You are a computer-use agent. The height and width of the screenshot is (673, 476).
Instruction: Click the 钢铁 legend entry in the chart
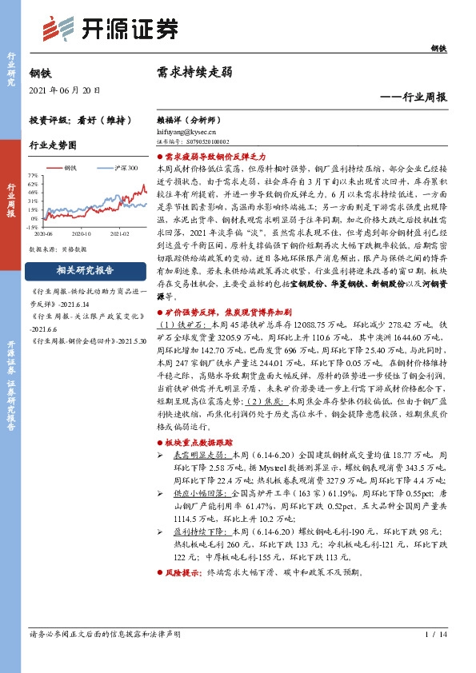click(69, 169)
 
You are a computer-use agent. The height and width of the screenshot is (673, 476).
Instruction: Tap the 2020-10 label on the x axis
click(82, 234)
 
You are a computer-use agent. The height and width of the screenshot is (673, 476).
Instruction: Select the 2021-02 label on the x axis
click(119, 234)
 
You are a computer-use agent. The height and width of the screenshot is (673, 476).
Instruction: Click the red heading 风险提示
click(184, 573)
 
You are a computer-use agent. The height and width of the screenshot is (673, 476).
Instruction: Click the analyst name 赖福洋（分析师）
click(189, 117)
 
